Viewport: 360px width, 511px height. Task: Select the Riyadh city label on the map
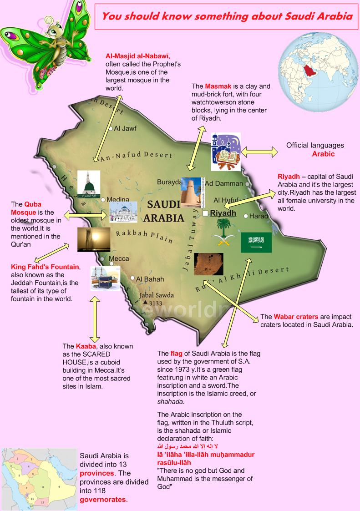pyautogui.click(x=223, y=213)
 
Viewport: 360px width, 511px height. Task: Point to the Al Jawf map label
pyautogui.click(x=125, y=129)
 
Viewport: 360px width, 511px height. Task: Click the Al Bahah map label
pyautogui.click(x=150, y=279)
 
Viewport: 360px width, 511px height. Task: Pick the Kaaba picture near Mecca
pyautogui.click(x=105, y=278)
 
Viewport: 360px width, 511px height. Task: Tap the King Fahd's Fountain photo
pyautogui.click(x=94, y=240)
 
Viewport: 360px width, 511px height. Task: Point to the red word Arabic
pyautogui.click(x=323, y=154)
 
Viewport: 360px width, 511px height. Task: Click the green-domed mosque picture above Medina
pyautogui.click(x=88, y=184)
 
